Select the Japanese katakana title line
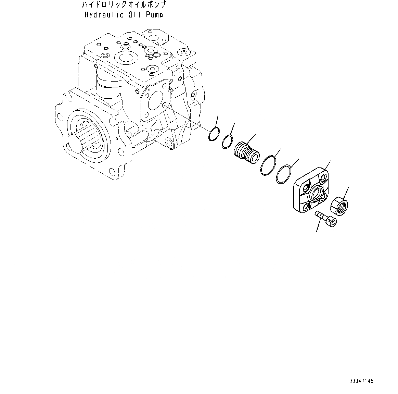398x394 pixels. [x=124, y=5]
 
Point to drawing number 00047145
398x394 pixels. [x=361, y=381]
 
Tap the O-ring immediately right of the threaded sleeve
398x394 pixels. [x=268, y=165]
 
